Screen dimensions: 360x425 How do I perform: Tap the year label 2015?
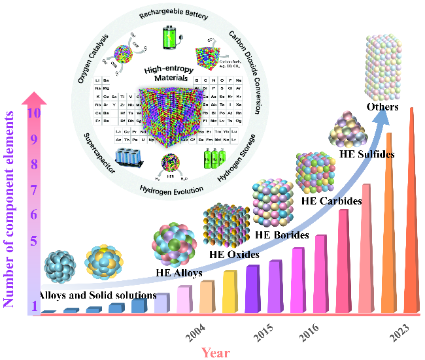click(x=263, y=335)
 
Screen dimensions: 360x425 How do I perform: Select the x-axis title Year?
click(x=215, y=353)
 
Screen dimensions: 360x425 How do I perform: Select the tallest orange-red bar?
click(x=411, y=209)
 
